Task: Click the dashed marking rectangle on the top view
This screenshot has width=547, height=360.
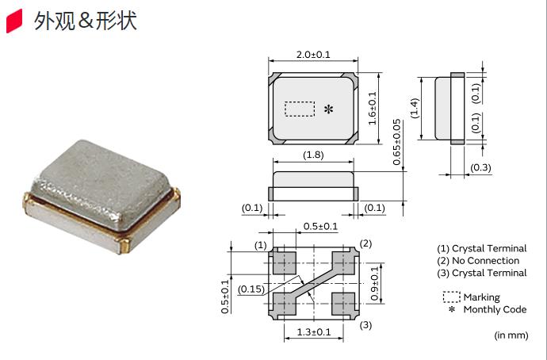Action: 300,109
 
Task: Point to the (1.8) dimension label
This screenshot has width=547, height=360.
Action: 313,155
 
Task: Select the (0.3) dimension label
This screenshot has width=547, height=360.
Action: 480,168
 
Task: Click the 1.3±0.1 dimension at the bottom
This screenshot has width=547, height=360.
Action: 313,331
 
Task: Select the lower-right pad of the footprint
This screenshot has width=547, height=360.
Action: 343,301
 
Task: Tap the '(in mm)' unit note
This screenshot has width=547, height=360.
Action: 511,335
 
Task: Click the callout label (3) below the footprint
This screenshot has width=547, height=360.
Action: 365,325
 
